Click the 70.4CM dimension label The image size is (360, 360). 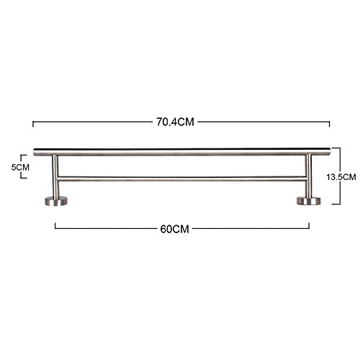(175, 122)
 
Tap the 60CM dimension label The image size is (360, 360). (174, 229)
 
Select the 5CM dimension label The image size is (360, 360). (20, 167)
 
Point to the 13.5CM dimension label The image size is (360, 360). (341, 177)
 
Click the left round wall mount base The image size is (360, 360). (56, 201)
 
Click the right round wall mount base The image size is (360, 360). (309, 201)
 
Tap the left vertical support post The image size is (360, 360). (55, 177)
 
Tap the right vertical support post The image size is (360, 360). (309, 176)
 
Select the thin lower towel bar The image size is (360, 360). (182, 179)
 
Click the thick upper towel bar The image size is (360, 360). (182, 153)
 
